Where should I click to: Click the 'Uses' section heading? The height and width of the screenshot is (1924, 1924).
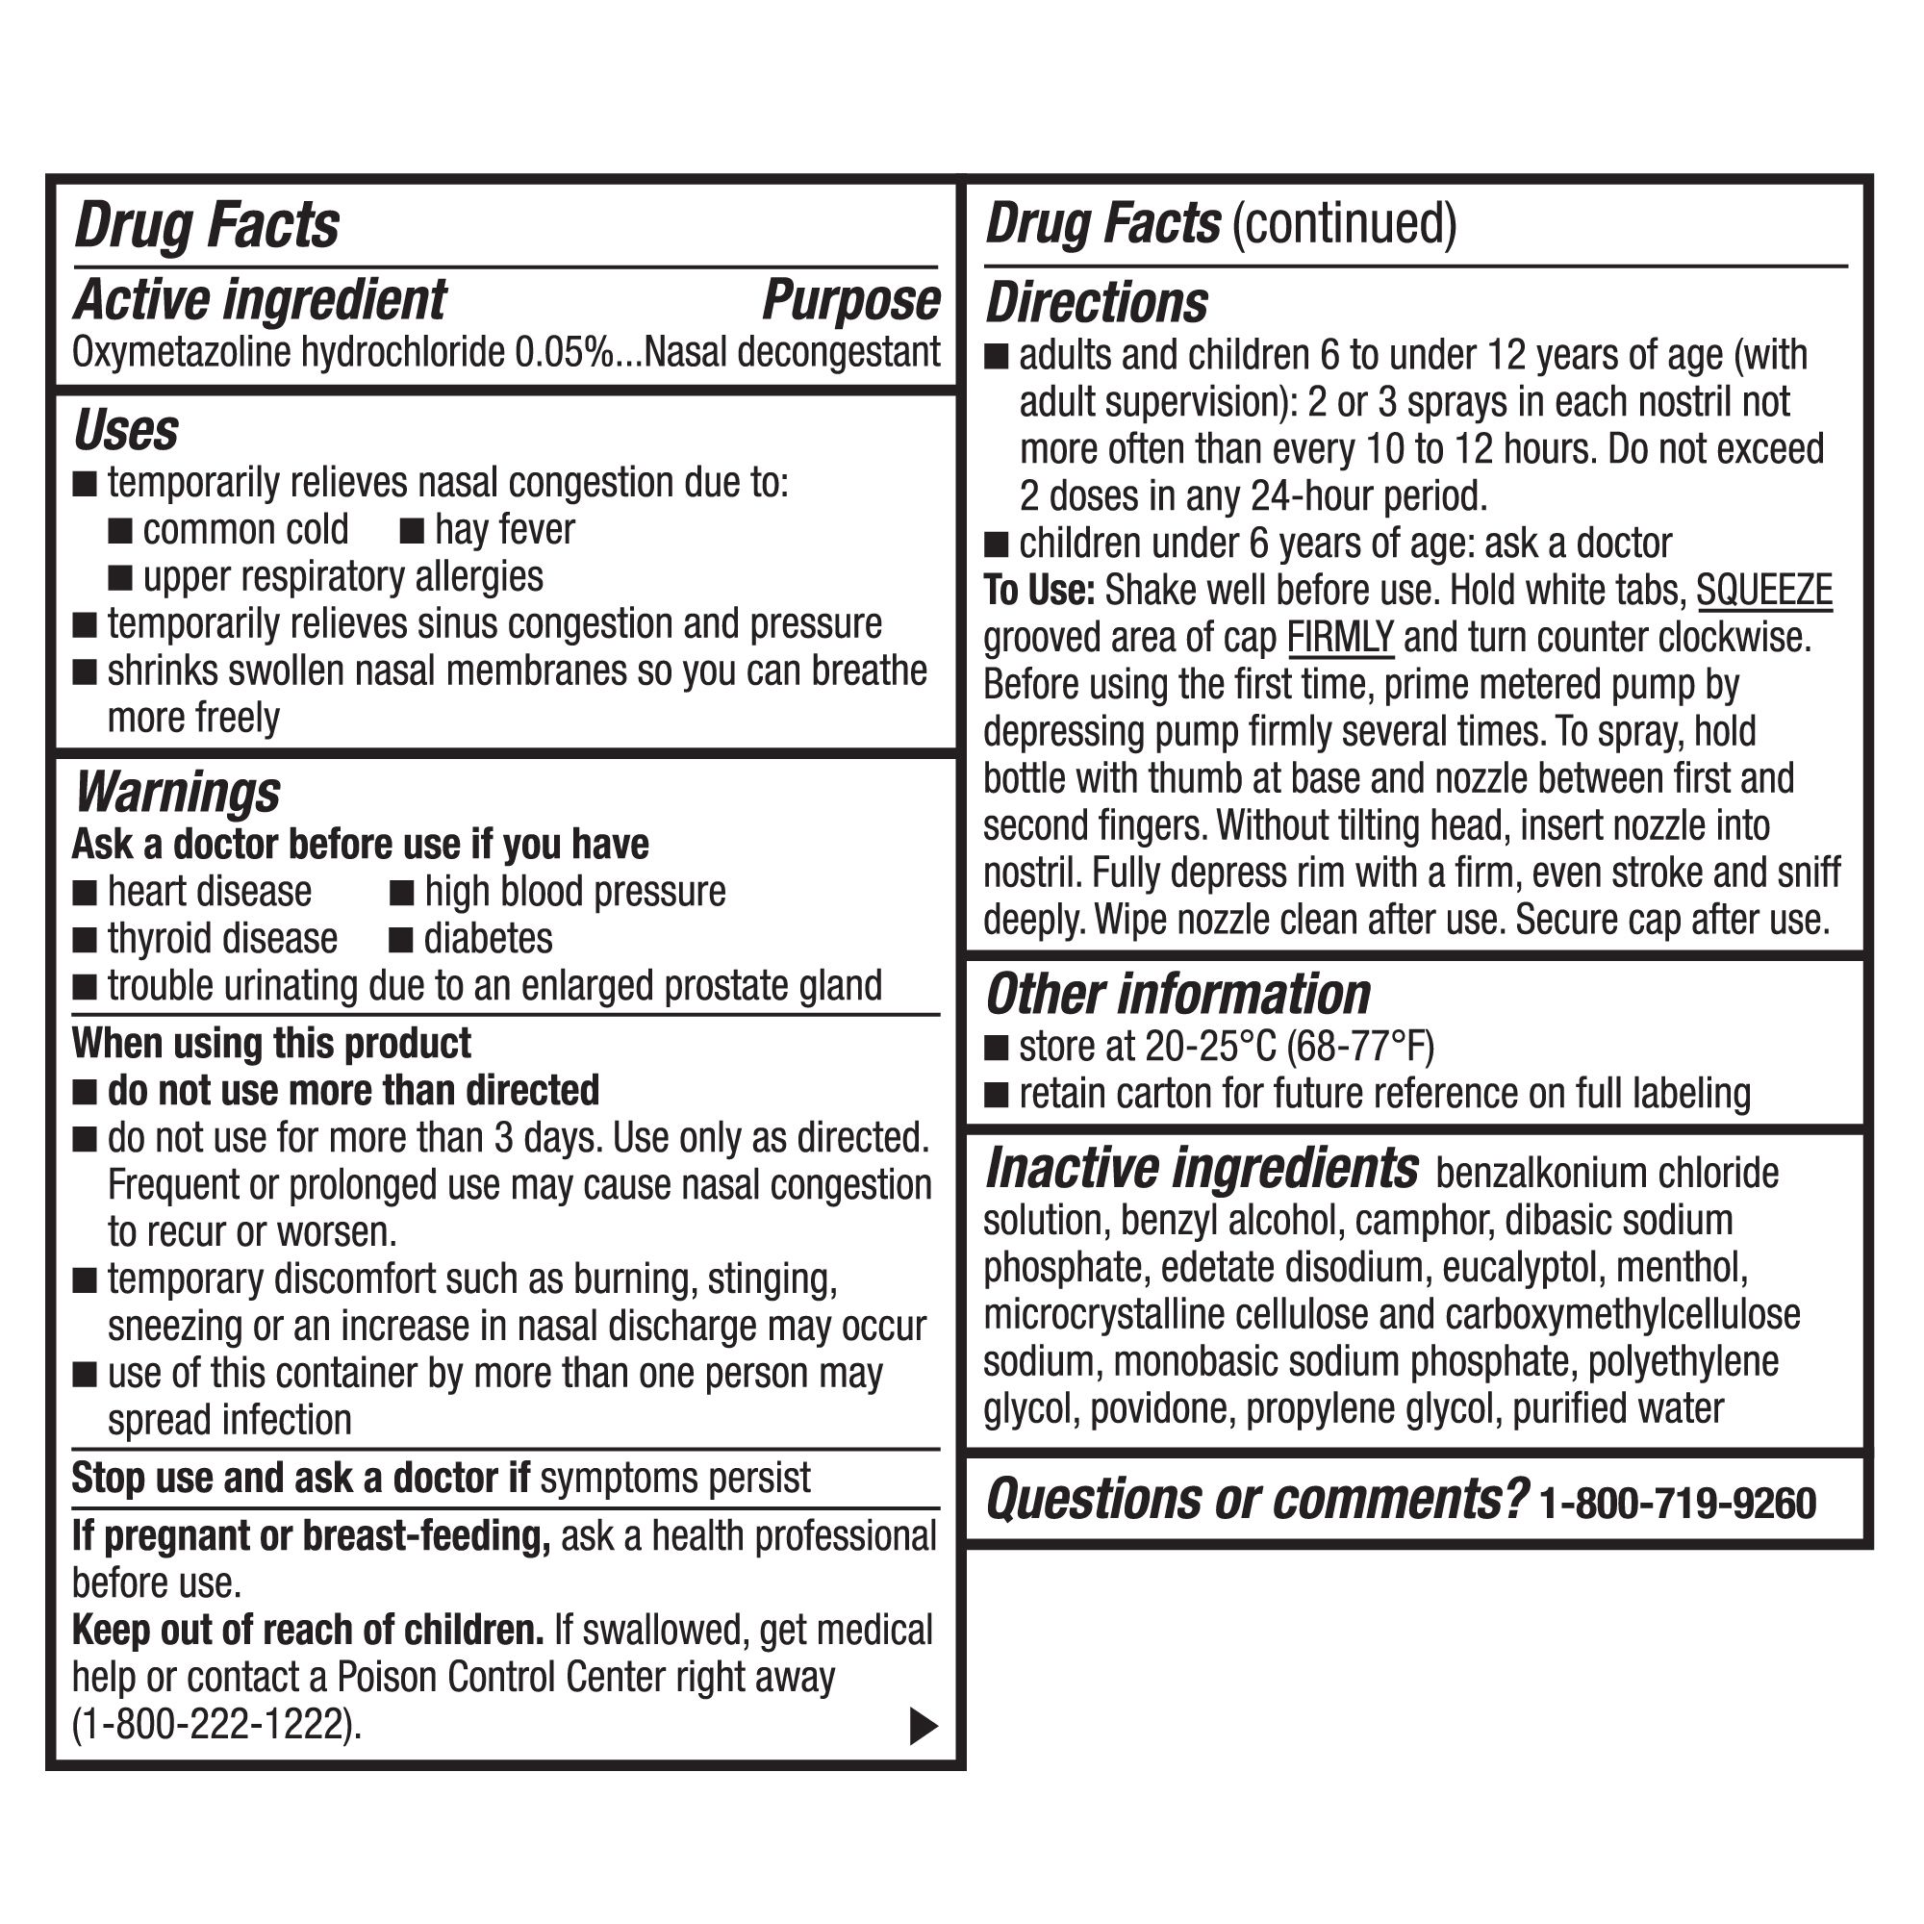pos(126,431)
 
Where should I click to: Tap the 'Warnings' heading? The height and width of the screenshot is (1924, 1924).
pos(178,794)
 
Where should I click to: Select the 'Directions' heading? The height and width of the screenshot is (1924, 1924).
pos(1097,304)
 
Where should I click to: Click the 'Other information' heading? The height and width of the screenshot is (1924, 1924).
pos(1177,995)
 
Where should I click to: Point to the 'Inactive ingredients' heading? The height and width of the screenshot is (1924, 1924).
pos(1201,1169)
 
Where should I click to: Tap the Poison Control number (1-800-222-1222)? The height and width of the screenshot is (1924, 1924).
pos(217,1725)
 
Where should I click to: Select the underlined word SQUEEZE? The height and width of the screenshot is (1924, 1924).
pos(1763,591)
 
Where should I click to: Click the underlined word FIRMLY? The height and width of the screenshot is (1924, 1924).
pos(1339,639)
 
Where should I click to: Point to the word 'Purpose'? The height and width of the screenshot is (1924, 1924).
pos(850,301)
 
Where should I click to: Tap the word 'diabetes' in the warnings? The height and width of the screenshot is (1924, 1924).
pos(488,939)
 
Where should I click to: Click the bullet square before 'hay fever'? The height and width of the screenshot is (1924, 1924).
pos(413,532)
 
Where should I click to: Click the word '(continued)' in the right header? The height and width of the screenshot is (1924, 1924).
pos(1345,223)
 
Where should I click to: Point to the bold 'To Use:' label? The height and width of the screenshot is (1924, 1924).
pos(1039,591)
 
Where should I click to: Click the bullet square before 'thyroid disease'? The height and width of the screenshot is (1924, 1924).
pos(86,940)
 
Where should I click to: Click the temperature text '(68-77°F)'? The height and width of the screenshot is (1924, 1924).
pos(1360,1047)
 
